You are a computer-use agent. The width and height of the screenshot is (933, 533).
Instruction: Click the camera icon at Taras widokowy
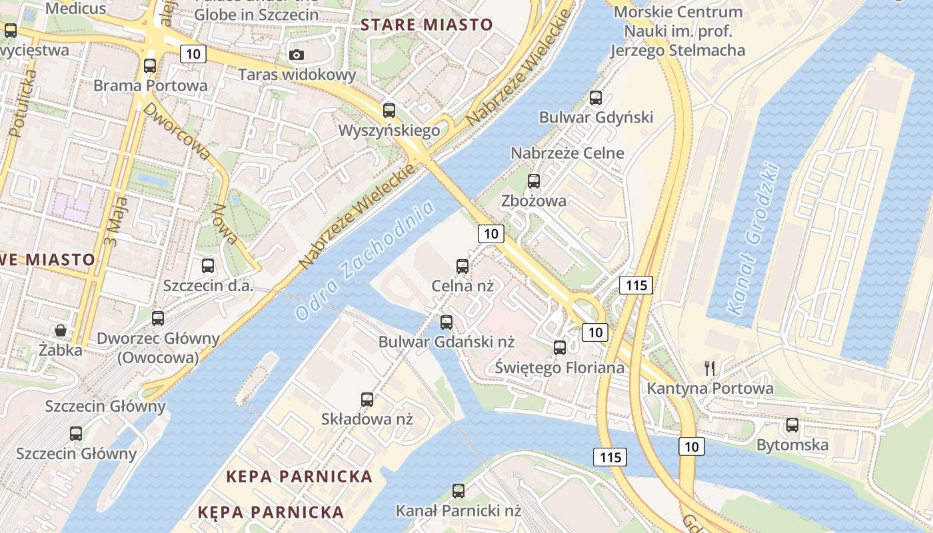point(297,55)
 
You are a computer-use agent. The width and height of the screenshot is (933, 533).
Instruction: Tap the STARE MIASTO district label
point(427,25)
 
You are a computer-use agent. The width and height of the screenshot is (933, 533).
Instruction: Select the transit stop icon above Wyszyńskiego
point(389,111)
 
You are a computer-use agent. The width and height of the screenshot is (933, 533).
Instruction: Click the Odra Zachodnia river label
point(365,261)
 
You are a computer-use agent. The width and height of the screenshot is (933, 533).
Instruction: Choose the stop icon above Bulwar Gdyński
point(596,98)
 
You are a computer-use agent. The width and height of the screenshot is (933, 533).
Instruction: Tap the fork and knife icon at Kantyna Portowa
point(710,368)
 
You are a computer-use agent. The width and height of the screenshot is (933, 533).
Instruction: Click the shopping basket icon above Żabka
point(61,330)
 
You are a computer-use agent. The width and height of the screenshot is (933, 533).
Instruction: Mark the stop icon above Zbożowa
point(533,181)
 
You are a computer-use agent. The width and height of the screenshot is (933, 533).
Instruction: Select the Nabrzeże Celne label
point(567,153)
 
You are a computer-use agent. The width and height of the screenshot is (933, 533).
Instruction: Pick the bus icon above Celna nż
point(463,266)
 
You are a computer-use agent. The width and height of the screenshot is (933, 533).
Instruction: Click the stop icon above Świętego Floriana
point(560,347)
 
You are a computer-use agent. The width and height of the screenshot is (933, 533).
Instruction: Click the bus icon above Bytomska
point(792,425)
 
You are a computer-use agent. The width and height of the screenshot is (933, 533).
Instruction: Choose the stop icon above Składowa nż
point(367,400)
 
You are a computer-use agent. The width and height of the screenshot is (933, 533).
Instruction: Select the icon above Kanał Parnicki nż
point(459,491)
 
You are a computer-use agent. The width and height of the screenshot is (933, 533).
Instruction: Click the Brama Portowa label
point(150,86)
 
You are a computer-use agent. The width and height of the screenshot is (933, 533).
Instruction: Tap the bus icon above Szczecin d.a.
point(208,266)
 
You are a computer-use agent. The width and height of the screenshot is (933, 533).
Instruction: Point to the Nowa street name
point(224,225)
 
